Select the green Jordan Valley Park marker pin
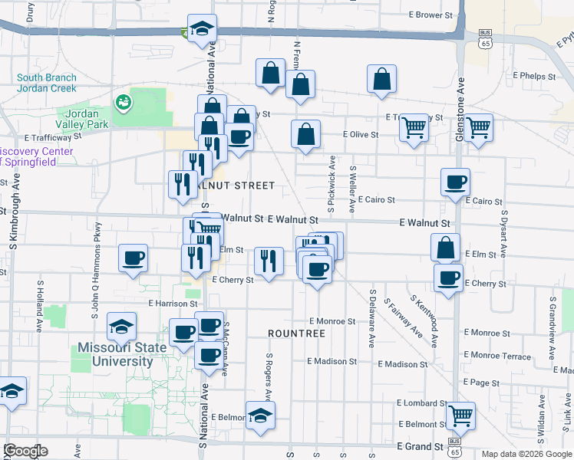pyautogui.click(x=122, y=101)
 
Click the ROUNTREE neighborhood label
pyautogui.click(x=297, y=333)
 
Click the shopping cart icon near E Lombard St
pyautogui.click(x=460, y=416)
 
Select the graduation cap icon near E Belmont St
pyautogui.click(x=261, y=416)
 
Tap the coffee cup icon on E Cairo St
pyautogui.click(x=455, y=182)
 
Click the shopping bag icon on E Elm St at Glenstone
pyautogui.click(x=445, y=248)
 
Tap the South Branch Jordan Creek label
pyautogui.click(x=47, y=82)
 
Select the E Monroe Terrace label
pyautogui.click(x=497, y=356)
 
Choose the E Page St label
pyautogui.click(x=482, y=383)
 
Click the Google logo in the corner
pyautogui.click(x=25, y=451)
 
